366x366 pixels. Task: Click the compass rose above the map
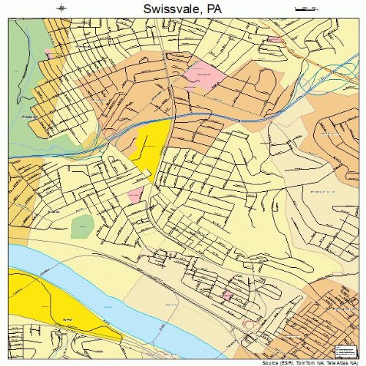tap(62, 8)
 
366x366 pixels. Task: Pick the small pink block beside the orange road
tap(275, 39)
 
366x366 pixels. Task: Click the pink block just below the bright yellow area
tap(135, 195)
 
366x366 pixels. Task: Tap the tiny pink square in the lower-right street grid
tap(227, 295)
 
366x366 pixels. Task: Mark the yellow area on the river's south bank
tap(44, 307)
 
